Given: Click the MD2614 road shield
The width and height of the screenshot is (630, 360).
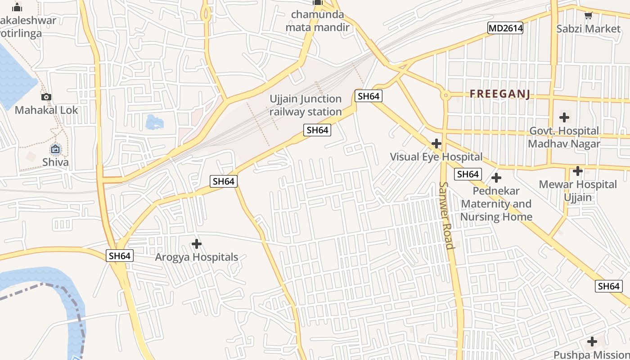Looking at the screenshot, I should [506, 28].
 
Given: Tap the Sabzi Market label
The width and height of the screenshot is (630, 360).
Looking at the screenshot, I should [588, 29].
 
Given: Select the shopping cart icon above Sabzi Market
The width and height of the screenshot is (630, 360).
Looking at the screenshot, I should [588, 16].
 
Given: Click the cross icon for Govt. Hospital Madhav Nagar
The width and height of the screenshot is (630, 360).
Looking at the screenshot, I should [564, 117].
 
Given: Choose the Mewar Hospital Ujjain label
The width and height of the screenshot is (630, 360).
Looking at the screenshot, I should [578, 191].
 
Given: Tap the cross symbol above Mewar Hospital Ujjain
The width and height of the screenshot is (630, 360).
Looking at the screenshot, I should [578, 171].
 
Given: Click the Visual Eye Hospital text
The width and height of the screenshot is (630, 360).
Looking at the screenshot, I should [436, 157].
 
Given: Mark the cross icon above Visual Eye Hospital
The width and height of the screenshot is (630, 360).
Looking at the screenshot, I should [436, 144].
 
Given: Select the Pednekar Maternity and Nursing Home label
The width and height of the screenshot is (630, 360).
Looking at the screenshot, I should [496, 204].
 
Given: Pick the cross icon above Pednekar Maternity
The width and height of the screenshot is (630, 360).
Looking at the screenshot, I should [496, 178].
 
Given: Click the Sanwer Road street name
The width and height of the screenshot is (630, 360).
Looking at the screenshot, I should [446, 215].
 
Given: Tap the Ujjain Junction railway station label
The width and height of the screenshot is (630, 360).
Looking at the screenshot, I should [306, 105].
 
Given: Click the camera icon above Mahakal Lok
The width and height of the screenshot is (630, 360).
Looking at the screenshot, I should [46, 97].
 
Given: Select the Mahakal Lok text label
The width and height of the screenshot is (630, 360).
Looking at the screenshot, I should [46, 110].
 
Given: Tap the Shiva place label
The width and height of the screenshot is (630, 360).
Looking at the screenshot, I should [55, 162].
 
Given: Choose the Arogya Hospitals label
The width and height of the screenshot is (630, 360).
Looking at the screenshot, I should [197, 257].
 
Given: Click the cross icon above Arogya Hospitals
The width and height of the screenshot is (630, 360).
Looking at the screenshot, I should [197, 244].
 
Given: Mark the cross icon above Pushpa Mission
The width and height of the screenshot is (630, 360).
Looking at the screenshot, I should [592, 341].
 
